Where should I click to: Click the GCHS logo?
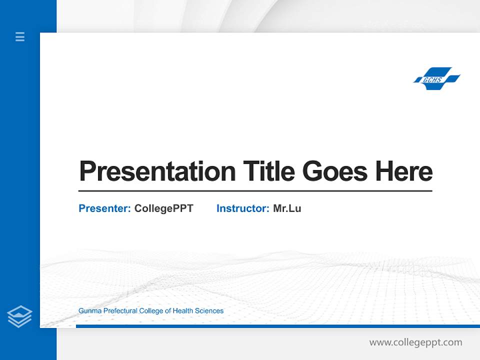(436, 79)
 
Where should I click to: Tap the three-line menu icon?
(20, 36)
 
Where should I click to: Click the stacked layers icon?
(20, 316)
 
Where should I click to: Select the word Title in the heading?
(269, 171)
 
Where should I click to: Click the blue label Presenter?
(105, 208)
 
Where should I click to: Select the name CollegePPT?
(164, 208)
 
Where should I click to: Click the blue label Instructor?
(243, 208)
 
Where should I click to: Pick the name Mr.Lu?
(287, 208)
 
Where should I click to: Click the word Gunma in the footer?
(88, 311)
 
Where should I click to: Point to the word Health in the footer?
(183, 311)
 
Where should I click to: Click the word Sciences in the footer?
(209, 311)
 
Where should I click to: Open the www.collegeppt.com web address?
(415, 342)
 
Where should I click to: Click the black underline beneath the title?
(255, 191)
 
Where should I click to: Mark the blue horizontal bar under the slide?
(277, 326)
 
